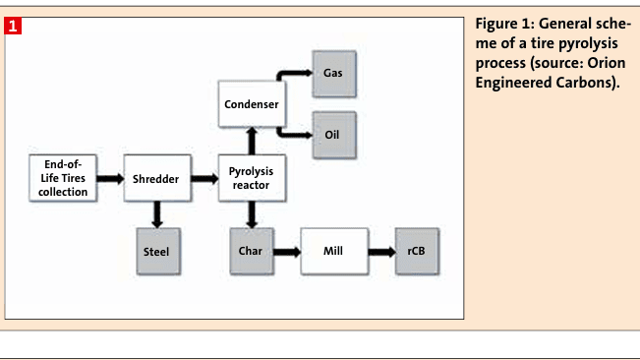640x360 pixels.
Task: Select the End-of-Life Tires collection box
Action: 64,178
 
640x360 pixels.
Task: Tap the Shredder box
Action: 155,179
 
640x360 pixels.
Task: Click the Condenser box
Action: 251,104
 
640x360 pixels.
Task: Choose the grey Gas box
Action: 333,74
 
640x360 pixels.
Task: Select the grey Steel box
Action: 155,251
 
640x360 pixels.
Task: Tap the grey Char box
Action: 251,251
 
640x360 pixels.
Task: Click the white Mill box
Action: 332,251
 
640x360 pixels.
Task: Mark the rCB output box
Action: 415,251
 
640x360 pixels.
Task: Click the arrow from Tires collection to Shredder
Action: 110,179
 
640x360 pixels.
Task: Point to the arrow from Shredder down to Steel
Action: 155,213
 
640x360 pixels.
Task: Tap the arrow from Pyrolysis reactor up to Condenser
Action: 251,141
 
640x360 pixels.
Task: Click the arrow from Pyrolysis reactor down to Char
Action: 251,213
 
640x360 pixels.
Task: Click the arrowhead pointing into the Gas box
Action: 305,74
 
